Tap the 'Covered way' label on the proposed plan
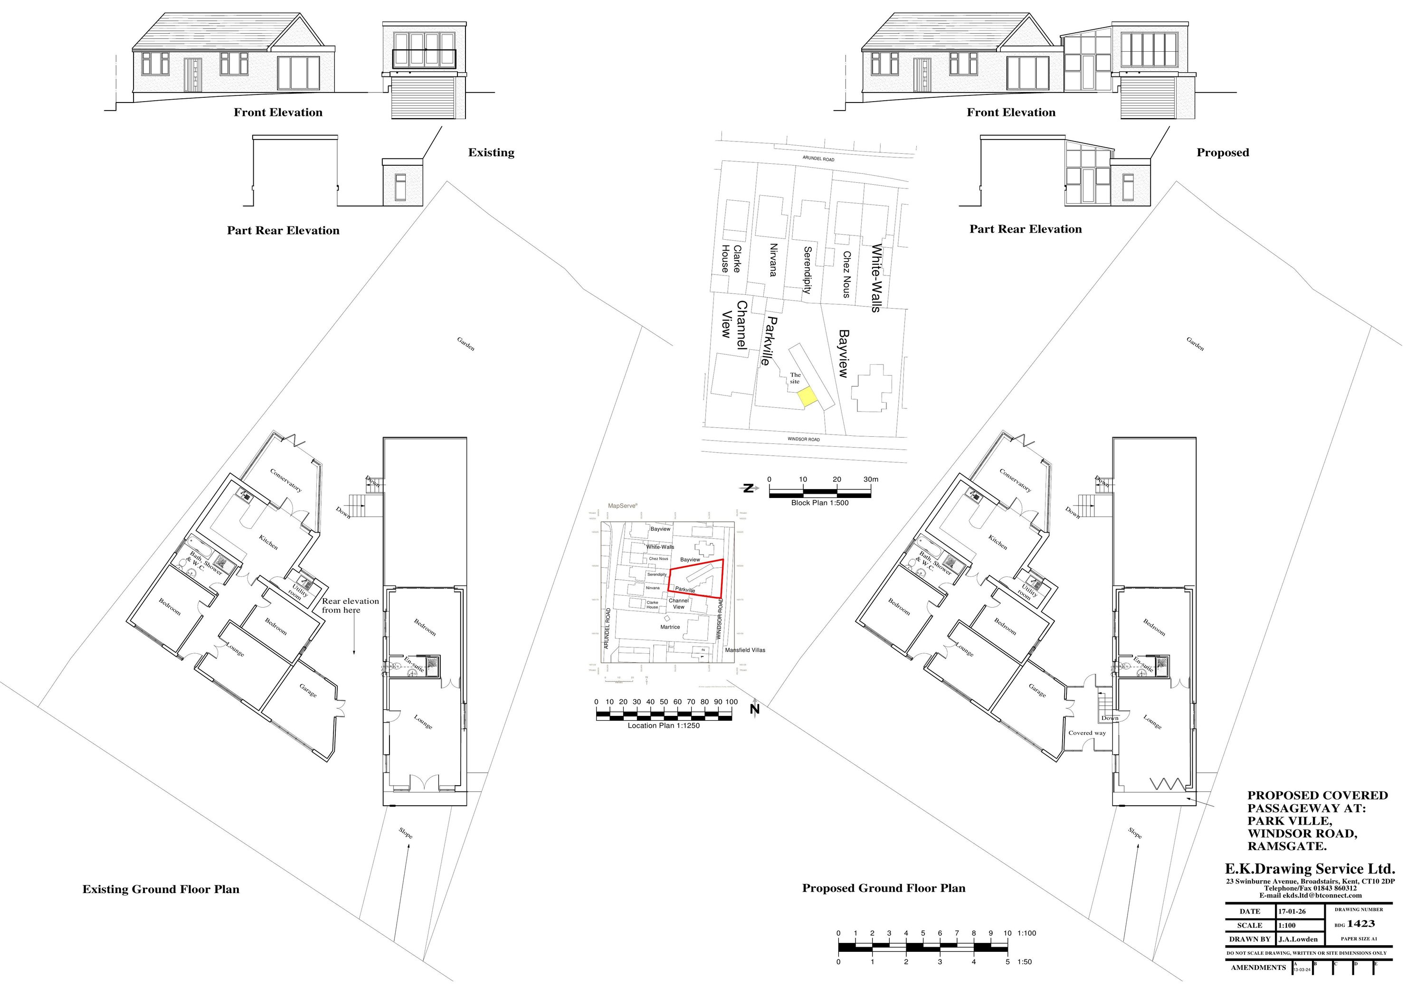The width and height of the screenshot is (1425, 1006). click(x=1087, y=733)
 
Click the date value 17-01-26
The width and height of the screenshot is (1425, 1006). click(x=1292, y=912)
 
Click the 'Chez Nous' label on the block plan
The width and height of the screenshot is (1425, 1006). click(x=846, y=274)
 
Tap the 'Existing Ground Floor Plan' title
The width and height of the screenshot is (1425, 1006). click(x=161, y=889)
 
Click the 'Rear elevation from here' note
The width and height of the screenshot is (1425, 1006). click(x=350, y=605)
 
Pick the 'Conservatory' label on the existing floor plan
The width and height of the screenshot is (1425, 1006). click(x=286, y=480)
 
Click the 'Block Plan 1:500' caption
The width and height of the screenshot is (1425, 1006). click(x=819, y=503)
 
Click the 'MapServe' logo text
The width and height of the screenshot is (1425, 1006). click(x=623, y=506)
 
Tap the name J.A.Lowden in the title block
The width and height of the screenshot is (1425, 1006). click(x=1298, y=939)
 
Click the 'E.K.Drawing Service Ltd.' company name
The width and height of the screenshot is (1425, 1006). click(x=1310, y=869)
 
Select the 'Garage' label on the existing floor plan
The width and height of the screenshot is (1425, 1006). click(x=308, y=690)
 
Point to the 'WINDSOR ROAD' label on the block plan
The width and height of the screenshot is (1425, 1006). click(x=804, y=439)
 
